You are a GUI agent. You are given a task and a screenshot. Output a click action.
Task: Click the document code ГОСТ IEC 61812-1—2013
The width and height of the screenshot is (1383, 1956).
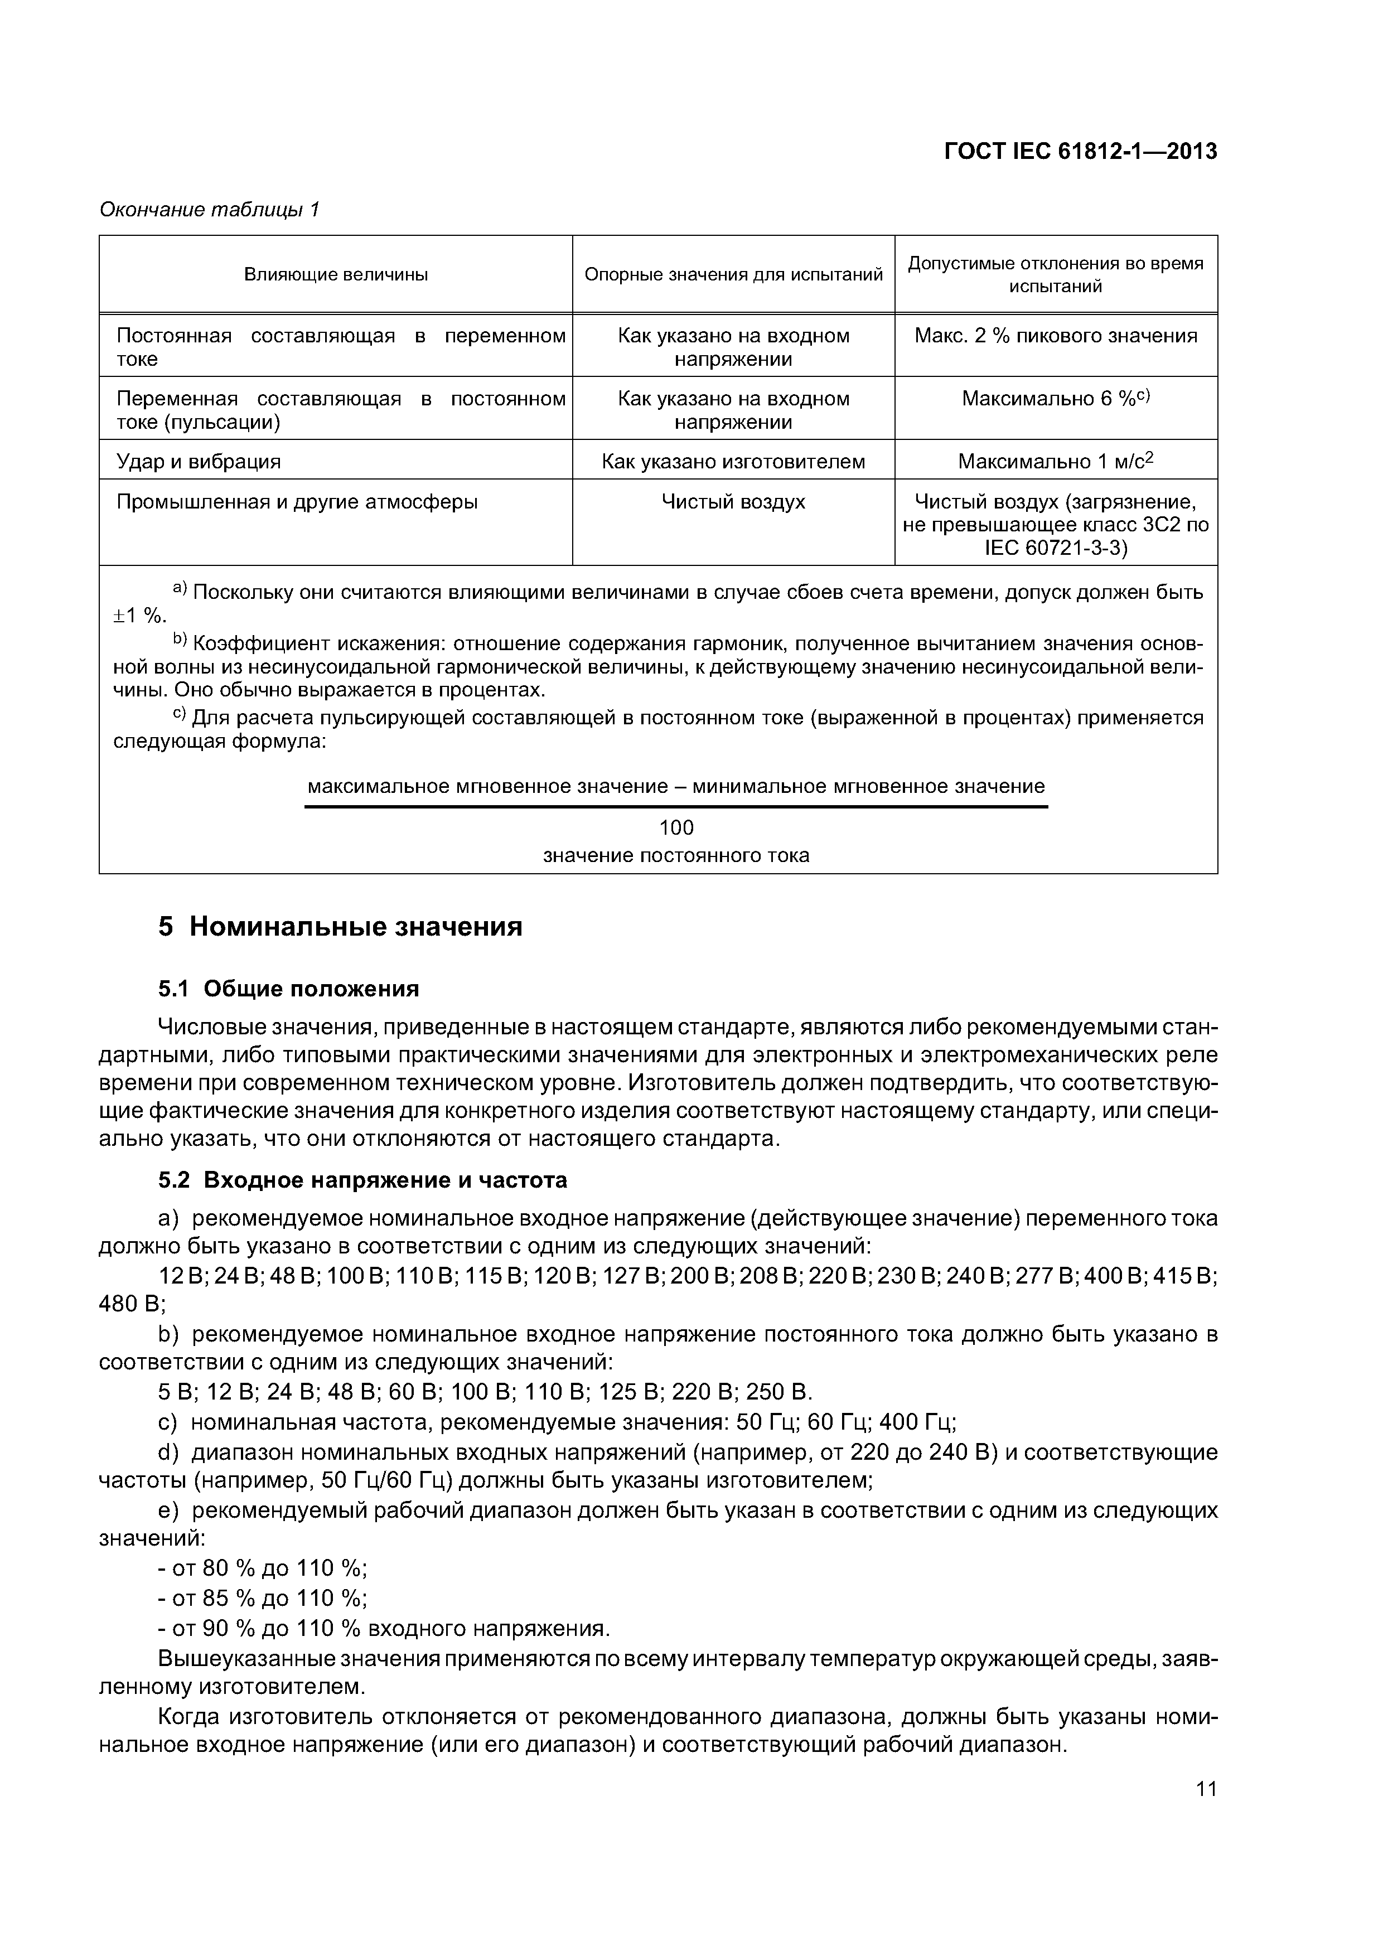tap(1081, 152)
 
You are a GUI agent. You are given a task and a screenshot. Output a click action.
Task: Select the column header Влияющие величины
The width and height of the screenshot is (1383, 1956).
tap(336, 274)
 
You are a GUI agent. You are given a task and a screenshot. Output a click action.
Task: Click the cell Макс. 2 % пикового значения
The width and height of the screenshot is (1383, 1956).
tap(1056, 336)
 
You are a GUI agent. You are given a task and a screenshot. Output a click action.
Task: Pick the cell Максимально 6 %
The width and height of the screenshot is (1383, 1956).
tap(1056, 399)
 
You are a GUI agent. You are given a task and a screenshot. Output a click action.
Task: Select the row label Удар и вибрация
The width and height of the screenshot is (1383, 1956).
tap(199, 462)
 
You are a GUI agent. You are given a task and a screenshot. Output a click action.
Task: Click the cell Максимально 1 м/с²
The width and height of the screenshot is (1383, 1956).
tap(1055, 462)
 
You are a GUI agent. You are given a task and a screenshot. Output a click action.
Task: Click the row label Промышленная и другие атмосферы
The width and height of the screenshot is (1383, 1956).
tap(297, 502)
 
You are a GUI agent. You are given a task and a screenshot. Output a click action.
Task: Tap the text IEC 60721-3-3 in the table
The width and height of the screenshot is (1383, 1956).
tap(1056, 549)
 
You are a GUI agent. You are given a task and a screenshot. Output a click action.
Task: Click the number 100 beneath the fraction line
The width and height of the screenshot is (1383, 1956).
tap(676, 827)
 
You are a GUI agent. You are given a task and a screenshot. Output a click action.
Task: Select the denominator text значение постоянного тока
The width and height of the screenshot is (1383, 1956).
tap(676, 855)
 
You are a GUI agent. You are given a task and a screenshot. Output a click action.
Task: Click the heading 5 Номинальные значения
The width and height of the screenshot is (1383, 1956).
tap(340, 926)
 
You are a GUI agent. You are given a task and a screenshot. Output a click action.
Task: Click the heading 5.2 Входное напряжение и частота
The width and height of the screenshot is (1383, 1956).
tap(362, 1180)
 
